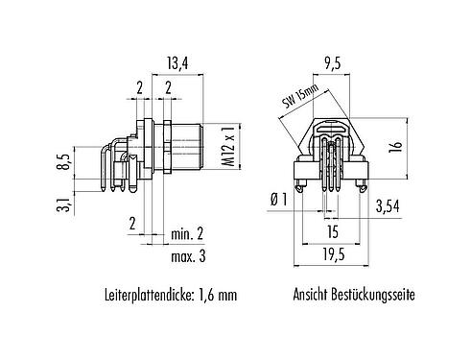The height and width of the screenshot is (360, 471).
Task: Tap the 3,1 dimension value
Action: click(64, 204)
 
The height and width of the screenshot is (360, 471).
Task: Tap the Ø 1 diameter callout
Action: click(280, 199)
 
